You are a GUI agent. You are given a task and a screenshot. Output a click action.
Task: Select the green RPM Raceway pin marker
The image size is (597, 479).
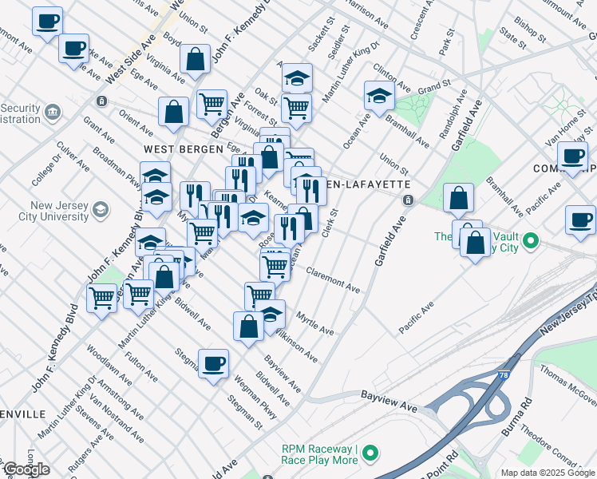tap(369, 454)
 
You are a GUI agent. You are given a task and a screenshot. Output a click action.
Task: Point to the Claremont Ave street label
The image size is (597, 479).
tap(333, 277)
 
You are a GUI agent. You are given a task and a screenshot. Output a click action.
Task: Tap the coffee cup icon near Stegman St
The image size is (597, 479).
tap(213, 364)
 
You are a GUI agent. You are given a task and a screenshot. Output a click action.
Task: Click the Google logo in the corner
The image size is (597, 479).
tap(26, 469)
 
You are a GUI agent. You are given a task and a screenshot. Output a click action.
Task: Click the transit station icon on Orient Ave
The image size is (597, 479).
tap(101, 101)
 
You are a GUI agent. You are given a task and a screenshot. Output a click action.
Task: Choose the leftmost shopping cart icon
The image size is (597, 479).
tap(102, 299)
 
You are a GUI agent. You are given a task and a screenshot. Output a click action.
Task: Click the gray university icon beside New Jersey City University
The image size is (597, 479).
tap(101, 210)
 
